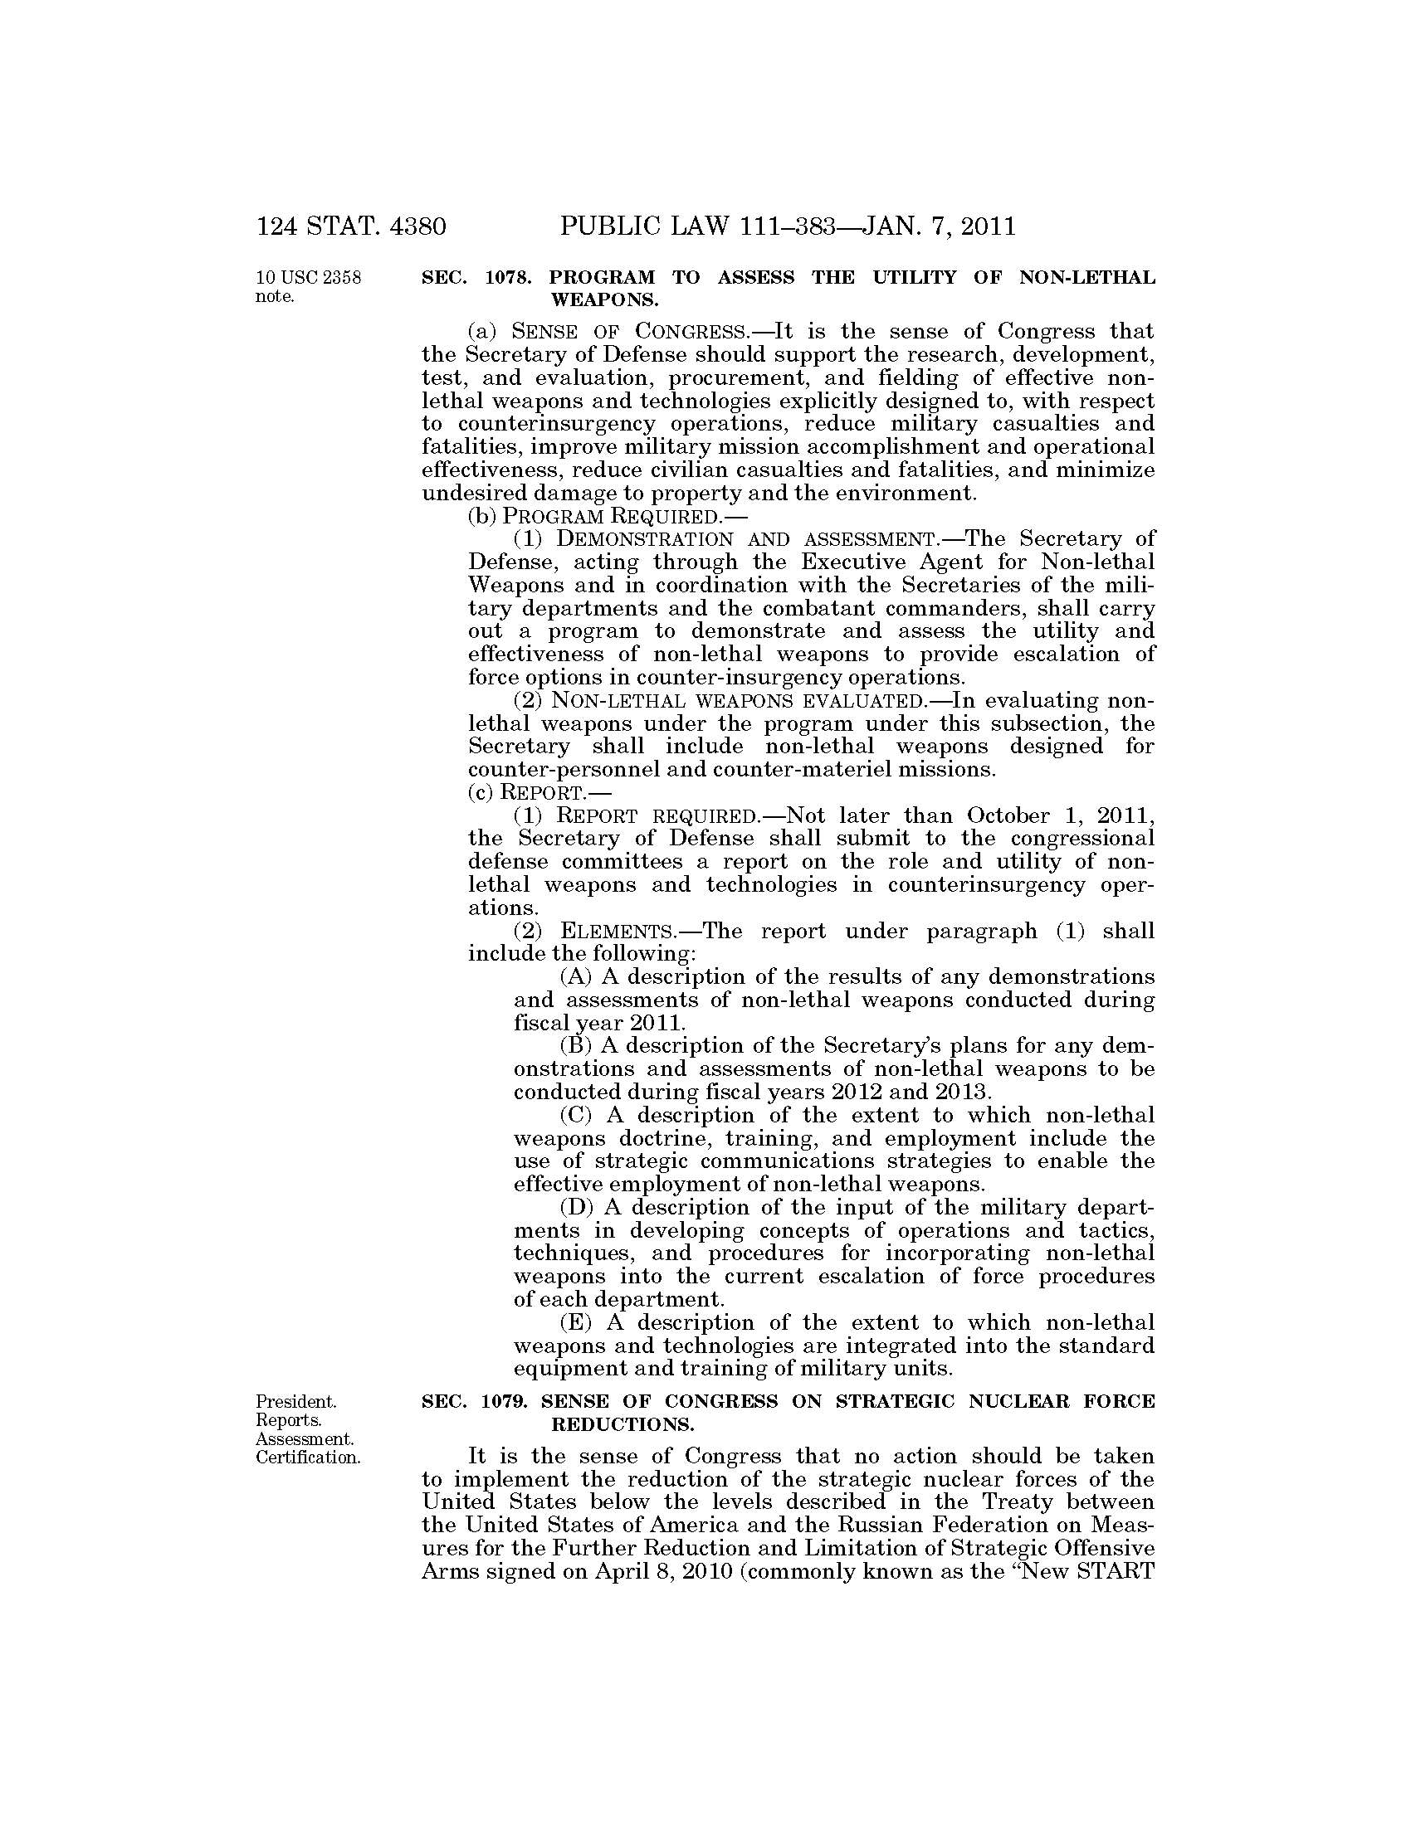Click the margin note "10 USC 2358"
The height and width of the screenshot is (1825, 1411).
tap(309, 278)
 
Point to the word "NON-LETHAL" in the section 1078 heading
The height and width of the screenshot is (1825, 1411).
tap(1087, 278)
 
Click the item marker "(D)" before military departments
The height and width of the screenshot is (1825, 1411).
tap(575, 1209)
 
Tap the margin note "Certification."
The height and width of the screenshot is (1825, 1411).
tap(308, 1458)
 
